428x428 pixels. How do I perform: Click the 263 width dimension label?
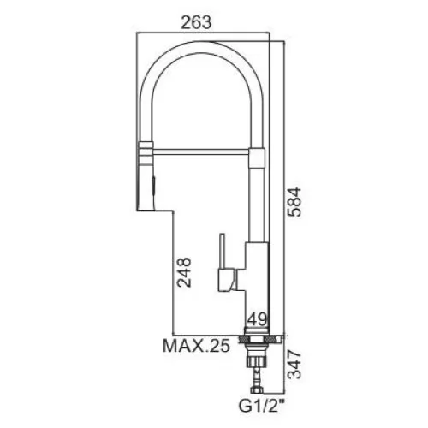196,22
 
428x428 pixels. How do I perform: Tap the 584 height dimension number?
294,202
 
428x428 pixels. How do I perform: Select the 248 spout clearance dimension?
183,272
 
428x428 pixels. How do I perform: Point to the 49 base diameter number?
257,319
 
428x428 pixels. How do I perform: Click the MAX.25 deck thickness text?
196,346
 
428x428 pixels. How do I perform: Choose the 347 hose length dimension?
294,365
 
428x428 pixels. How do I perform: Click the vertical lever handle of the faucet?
222,252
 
